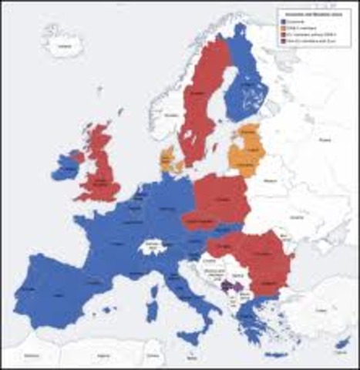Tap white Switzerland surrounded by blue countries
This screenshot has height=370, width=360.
tap(153, 247)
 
